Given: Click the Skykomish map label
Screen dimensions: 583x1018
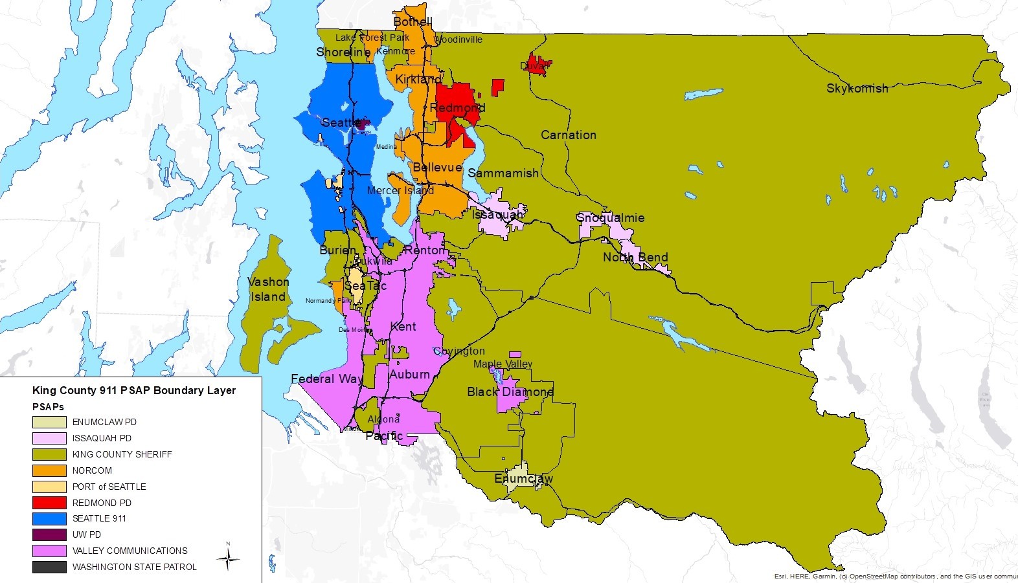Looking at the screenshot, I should [857, 89].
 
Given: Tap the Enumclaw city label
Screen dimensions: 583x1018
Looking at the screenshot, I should [523, 479].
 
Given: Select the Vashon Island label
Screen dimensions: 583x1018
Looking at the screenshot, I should [268, 289].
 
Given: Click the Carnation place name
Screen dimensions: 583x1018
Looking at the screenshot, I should [568, 135].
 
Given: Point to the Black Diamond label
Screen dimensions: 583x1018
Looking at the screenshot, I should [510, 391].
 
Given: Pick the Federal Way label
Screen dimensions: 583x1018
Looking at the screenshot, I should [326, 379].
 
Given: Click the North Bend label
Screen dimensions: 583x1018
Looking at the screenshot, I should [635, 257].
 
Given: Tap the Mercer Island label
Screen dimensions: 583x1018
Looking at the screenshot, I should [400, 190].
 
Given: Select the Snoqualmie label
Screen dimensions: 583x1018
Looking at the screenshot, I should [610, 217].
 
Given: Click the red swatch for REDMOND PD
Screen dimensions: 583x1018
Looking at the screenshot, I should [49, 503].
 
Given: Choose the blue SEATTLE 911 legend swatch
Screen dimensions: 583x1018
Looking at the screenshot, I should [49, 518].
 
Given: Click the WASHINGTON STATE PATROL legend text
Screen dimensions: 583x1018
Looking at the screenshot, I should [134, 567].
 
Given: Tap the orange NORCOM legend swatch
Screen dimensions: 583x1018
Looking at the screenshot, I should [49, 470].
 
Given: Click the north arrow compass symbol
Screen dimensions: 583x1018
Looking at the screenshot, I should [228, 558].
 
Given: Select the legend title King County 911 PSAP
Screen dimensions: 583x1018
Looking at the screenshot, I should [133, 390].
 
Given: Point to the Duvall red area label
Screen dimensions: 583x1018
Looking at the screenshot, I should [535, 66].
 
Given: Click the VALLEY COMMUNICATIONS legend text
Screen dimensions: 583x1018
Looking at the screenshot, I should [130, 551].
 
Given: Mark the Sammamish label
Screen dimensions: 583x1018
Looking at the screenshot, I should [503, 173].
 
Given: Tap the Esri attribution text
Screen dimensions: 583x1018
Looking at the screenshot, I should [894, 576].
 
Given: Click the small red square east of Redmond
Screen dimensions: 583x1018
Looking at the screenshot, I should [497, 87].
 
